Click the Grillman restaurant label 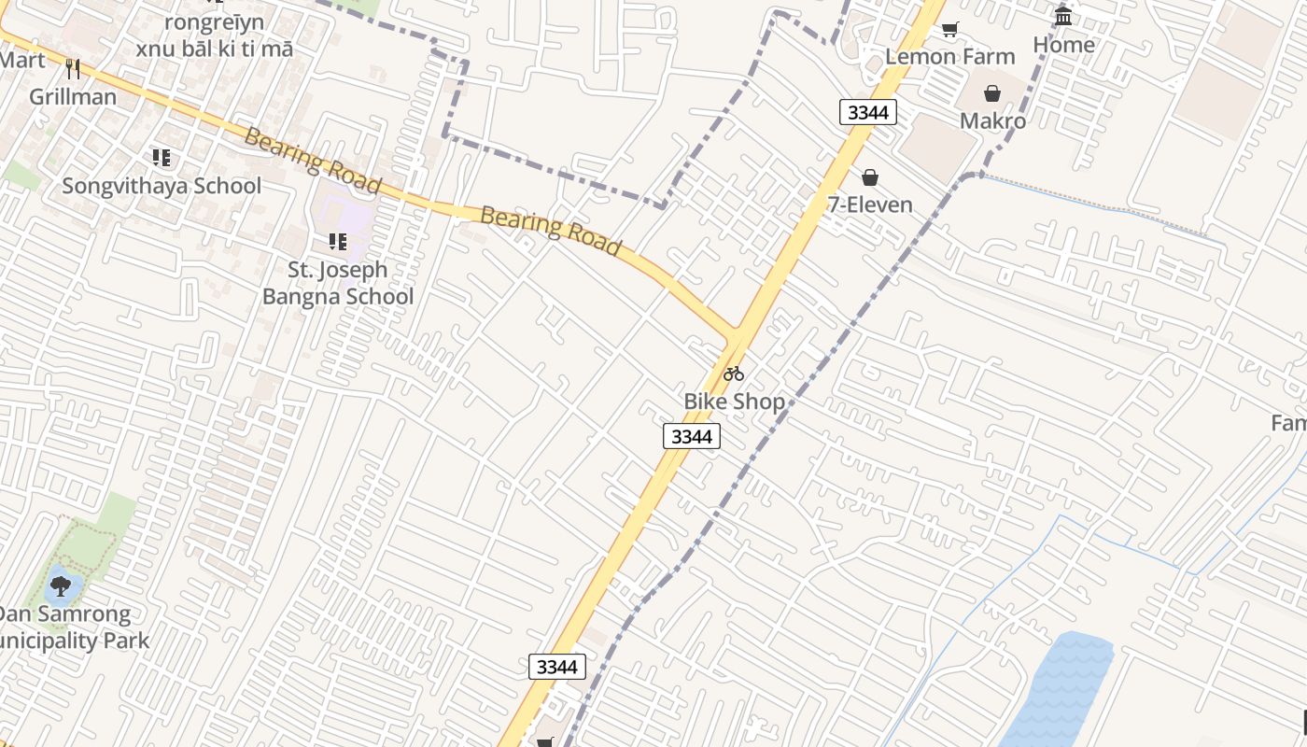[x=73, y=96]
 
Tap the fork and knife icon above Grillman [x=73, y=68]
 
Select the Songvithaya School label [x=162, y=186]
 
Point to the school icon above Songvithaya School [x=162, y=158]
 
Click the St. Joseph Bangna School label [x=337, y=283]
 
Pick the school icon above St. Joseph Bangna [x=337, y=242]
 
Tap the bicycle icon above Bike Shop [x=734, y=373]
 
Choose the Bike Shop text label [x=734, y=402]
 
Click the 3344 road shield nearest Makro [x=868, y=113]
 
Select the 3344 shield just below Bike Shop [x=692, y=436]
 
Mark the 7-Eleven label [x=870, y=204]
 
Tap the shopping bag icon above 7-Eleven [x=870, y=177]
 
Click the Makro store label [x=992, y=120]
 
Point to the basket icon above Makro [x=992, y=93]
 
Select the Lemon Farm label [x=949, y=56]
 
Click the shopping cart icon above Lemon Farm [x=949, y=29]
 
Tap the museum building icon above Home [x=1063, y=16]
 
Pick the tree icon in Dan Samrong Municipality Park [x=61, y=586]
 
